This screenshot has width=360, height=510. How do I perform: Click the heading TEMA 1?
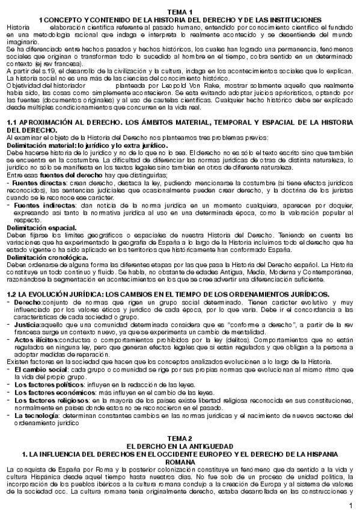(x=180, y=12)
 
